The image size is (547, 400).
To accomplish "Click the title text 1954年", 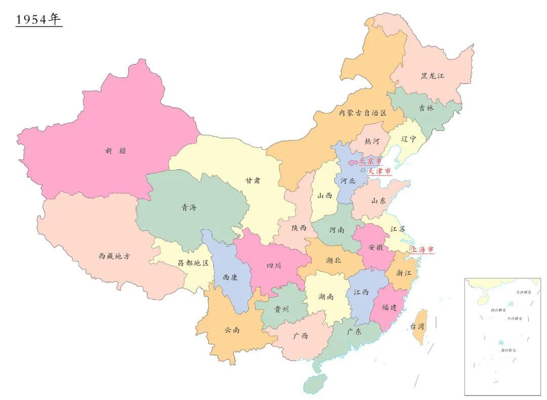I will coord(38,20).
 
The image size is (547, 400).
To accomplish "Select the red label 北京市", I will coord(370,161).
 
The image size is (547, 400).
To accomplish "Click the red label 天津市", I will coord(379,171).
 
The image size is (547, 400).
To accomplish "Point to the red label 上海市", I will coord(422,249).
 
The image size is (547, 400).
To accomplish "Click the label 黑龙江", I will coord(432,76).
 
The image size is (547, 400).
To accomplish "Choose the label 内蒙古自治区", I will coord(363,113).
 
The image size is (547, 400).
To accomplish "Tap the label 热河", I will coord(372,141).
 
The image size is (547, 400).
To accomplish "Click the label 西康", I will coord(229,278).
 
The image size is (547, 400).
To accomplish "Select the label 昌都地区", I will coord(193,263).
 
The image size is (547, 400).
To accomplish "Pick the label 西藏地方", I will coord(114,256).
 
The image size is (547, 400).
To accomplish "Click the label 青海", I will coord(189,207).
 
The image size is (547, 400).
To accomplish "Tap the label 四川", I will coord(273,265).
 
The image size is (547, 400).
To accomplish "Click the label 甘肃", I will coord(253,180).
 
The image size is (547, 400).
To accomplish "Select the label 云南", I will coord(232,330).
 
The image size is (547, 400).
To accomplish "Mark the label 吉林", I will coord(426,108).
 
